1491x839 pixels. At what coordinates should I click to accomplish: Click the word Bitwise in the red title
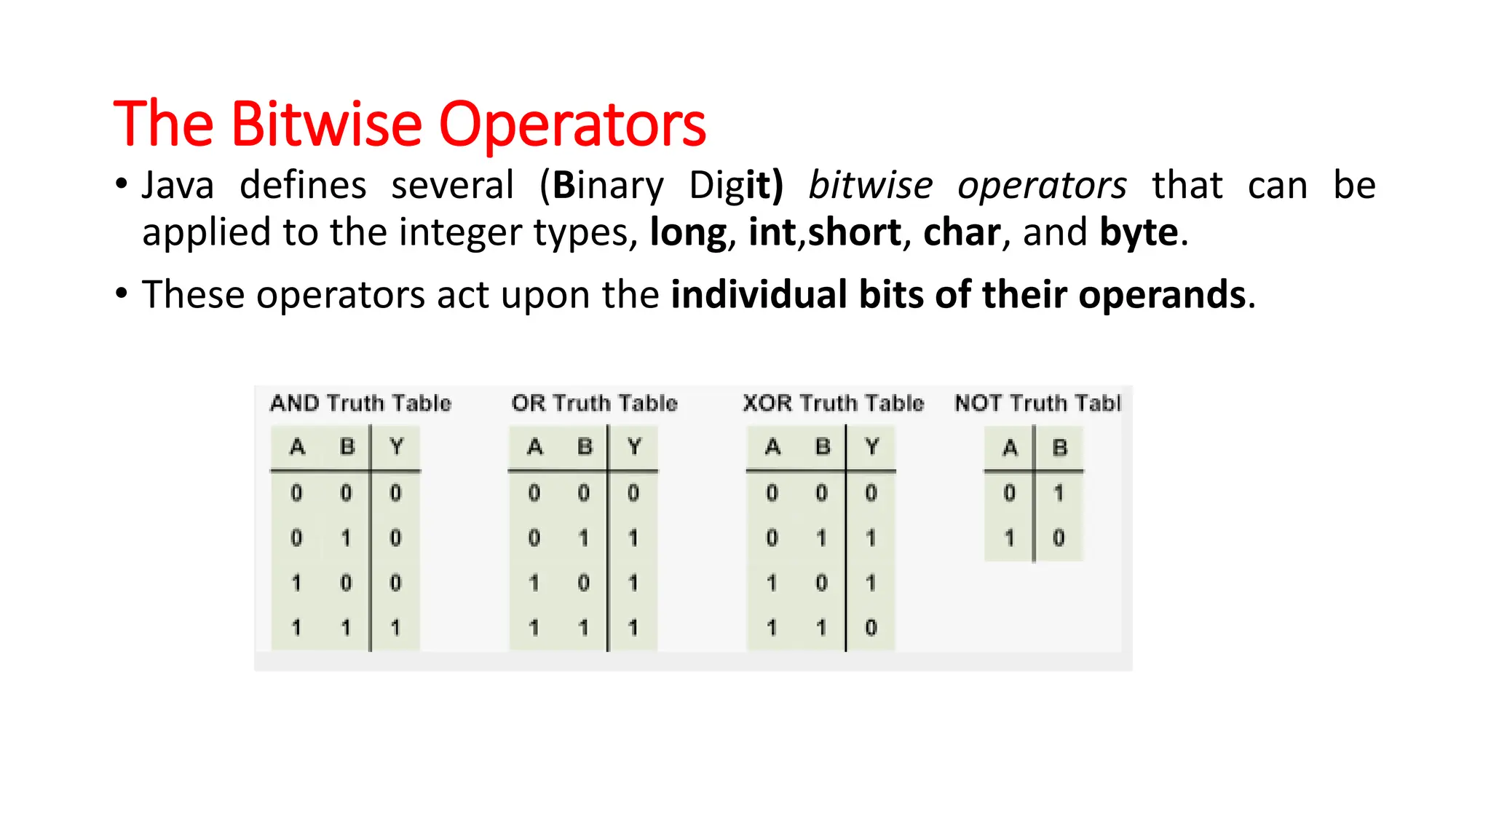click(326, 124)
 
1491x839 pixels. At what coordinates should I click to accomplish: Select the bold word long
click(688, 233)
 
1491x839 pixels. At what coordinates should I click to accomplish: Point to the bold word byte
click(1139, 233)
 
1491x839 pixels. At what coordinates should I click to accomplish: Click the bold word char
click(961, 232)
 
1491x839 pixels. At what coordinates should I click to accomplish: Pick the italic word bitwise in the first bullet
click(871, 185)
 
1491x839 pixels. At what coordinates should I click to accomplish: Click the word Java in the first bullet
click(178, 185)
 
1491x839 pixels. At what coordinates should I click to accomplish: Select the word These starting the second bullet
click(193, 294)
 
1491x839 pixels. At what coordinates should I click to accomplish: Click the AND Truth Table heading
click(360, 403)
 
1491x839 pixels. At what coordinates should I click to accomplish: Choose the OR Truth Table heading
click(594, 403)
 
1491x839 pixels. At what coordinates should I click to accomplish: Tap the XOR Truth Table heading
click(833, 403)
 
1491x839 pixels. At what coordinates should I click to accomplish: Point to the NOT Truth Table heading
click(1037, 403)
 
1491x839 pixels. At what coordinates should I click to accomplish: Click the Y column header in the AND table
click(396, 446)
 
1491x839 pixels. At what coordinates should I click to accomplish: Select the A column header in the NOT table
click(1010, 447)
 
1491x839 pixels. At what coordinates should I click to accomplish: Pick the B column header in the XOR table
click(823, 446)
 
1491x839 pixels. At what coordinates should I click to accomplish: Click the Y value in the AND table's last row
click(395, 627)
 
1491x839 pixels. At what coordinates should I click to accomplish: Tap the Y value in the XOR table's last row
click(871, 627)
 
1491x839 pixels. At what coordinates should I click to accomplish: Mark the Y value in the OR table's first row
click(633, 493)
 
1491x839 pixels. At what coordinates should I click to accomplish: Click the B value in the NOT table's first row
click(1059, 493)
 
